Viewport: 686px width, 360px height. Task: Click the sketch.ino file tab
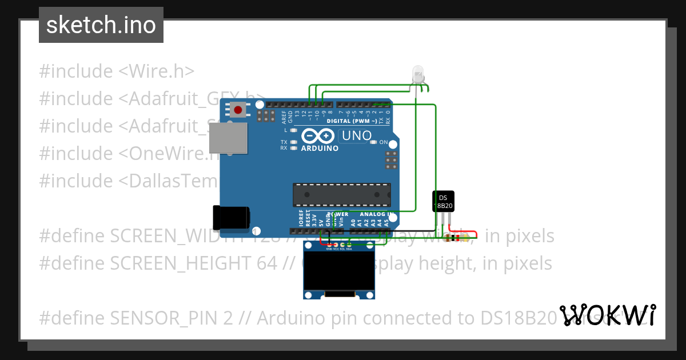101,25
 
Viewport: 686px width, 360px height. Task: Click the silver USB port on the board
229,139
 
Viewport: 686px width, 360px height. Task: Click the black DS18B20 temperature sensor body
443,201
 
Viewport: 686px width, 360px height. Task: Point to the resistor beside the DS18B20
456,238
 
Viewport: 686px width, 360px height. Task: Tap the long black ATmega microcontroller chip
342,194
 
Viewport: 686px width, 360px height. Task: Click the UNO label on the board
357,136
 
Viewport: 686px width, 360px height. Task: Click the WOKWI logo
607,315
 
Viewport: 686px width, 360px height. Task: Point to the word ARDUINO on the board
320,148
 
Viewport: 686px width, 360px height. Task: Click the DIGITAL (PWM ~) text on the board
352,121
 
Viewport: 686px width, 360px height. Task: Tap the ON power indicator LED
374,142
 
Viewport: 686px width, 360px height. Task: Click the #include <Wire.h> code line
117,71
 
